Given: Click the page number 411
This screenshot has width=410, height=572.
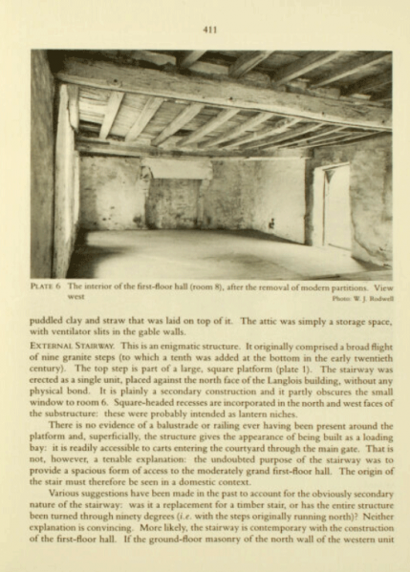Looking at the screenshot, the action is click(210, 30).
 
